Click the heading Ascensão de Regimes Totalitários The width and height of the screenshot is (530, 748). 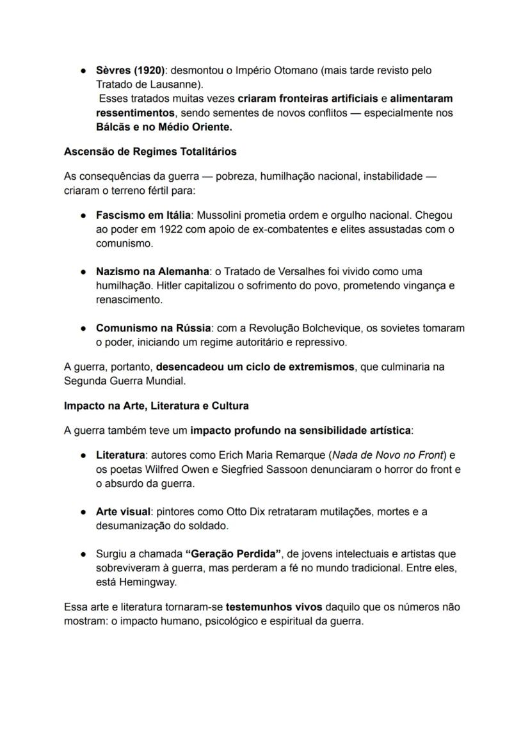[150, 152]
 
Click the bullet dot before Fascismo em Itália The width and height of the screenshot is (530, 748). [83, 216]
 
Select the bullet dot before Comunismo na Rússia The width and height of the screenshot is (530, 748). [83, 328]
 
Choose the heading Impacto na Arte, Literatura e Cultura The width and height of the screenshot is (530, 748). [156, 406]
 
